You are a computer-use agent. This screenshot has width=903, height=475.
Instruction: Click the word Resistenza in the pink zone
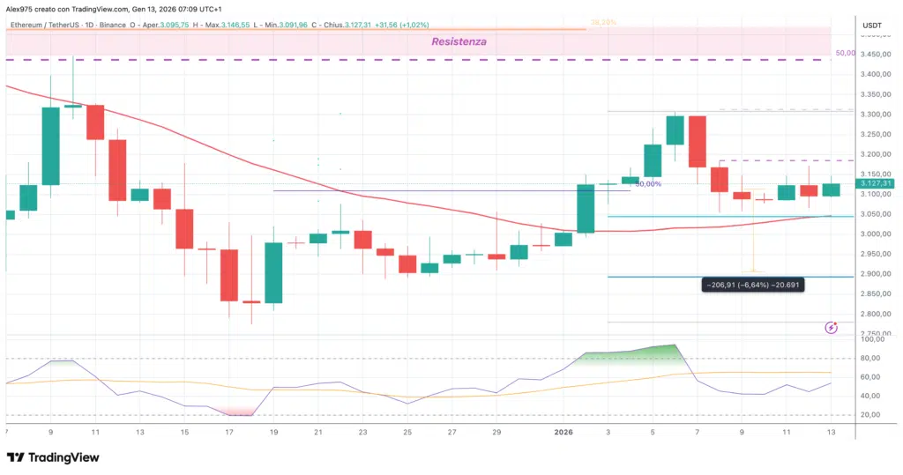point(458,41)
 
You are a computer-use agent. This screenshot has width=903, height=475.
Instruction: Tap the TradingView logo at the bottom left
point(53,457)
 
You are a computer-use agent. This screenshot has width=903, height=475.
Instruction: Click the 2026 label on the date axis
point(563,433)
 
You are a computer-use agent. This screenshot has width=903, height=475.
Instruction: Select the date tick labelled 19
point(273,433)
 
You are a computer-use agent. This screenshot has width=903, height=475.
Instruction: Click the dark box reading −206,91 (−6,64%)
point(752,286)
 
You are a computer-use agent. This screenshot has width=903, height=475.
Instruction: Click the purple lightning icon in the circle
point(831,328)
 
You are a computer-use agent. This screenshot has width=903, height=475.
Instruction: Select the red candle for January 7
point(697,141)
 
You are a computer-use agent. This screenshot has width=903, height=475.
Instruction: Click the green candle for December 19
point(273,272)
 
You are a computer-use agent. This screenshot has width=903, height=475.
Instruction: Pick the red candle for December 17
point(229,275)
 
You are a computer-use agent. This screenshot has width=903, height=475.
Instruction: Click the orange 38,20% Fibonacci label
point(602,19)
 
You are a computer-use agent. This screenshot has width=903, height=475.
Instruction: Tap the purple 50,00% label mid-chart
point(648,184)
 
